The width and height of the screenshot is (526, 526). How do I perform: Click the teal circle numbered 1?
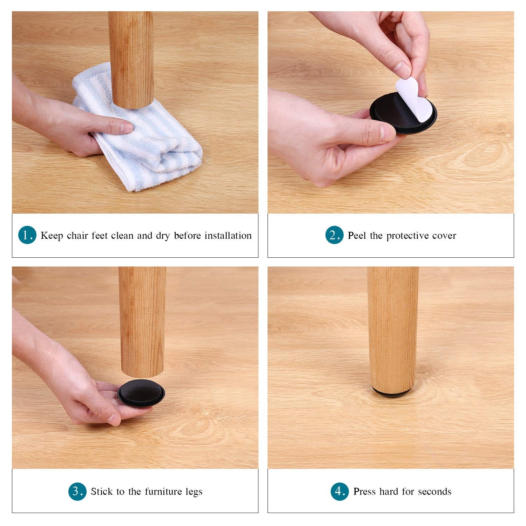click(27, 235)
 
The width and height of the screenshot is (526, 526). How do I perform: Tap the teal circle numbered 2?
click(334, 235)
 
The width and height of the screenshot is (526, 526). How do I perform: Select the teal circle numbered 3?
click(77, 491)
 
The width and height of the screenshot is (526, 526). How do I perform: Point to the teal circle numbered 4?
click(339, 491)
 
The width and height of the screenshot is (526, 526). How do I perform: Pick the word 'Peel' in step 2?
click(357, 235)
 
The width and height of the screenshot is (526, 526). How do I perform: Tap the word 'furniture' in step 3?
click(163, 491)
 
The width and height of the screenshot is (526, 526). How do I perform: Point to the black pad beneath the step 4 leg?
click(393, 393)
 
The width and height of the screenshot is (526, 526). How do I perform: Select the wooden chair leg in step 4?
click(393, 330)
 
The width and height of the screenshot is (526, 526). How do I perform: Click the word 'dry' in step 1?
click(163, 236)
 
